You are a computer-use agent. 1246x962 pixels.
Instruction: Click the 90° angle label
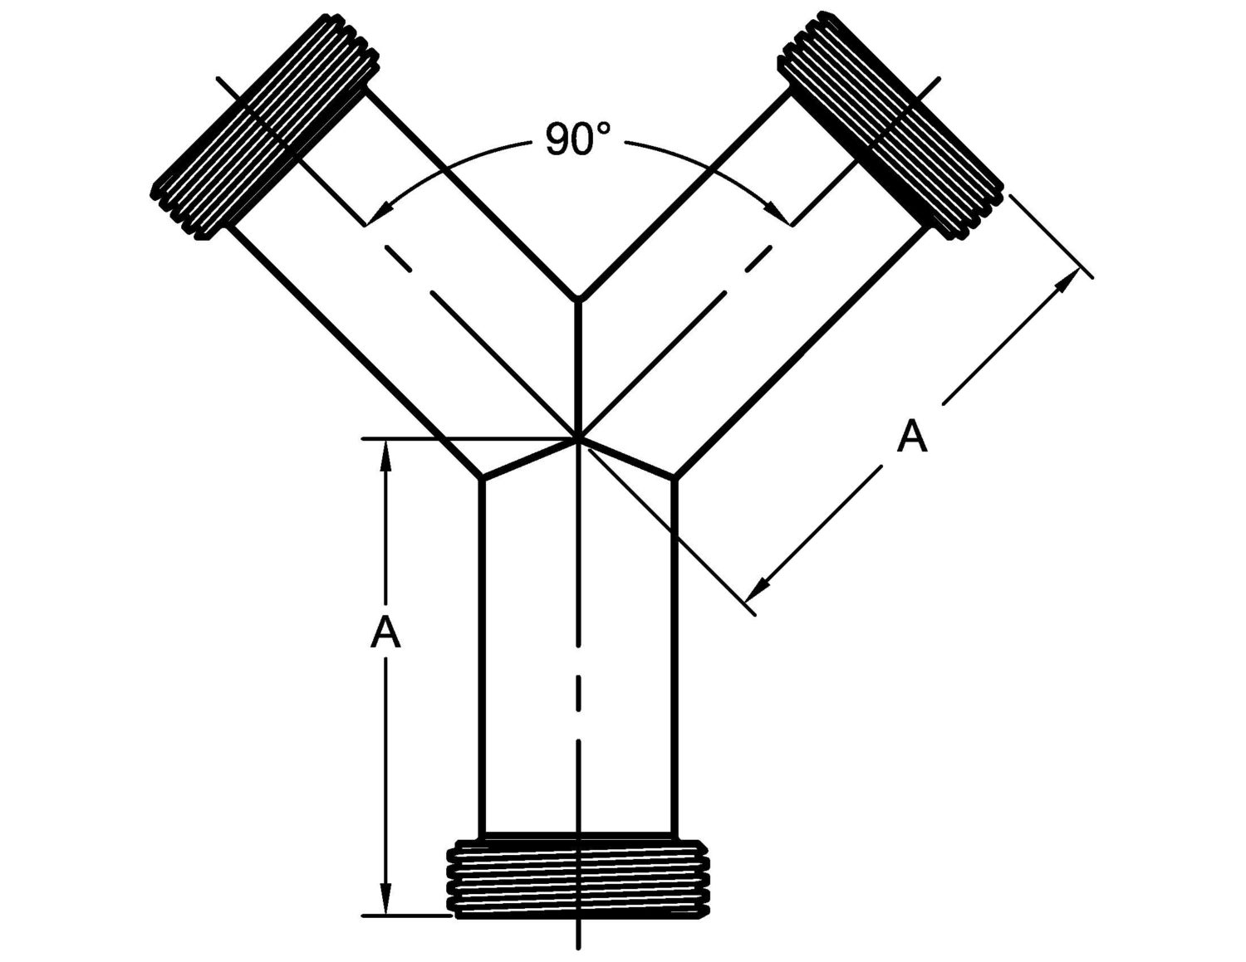[578, 139]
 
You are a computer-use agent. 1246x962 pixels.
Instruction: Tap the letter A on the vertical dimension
[385, 634]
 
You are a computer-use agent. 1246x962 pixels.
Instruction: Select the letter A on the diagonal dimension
[911, 437]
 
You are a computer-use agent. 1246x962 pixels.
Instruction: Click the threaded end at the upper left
[266, 126]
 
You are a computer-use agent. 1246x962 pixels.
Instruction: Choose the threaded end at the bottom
[579, 880]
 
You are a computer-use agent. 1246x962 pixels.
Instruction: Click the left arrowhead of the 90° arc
[370, 217]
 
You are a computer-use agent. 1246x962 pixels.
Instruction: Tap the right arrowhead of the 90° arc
[786, 217]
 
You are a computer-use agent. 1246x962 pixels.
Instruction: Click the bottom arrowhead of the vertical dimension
[385, 905]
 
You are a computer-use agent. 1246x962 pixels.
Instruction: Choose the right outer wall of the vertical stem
[675, 656]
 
